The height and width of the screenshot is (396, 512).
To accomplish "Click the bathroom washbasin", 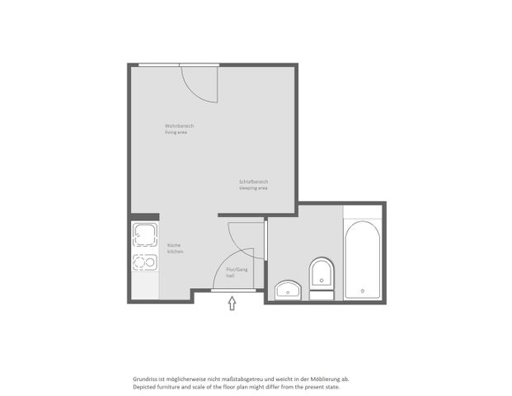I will tap(289, 288).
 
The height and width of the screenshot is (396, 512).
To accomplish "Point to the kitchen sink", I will tap(146, 235).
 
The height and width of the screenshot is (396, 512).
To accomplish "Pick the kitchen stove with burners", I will tap(146, 264).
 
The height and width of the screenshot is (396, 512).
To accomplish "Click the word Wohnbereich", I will tap(179, 125).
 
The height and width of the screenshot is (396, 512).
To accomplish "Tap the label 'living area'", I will tap(176, 132).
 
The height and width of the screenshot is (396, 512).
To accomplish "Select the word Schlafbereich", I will tap(254, 181).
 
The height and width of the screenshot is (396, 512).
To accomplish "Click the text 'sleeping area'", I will tap(253, 188).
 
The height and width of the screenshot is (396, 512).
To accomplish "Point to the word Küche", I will tap(173, 245).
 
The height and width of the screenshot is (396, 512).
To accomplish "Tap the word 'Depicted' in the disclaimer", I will tap(144, 386).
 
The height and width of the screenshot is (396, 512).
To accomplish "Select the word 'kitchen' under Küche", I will tap(176, 252).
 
